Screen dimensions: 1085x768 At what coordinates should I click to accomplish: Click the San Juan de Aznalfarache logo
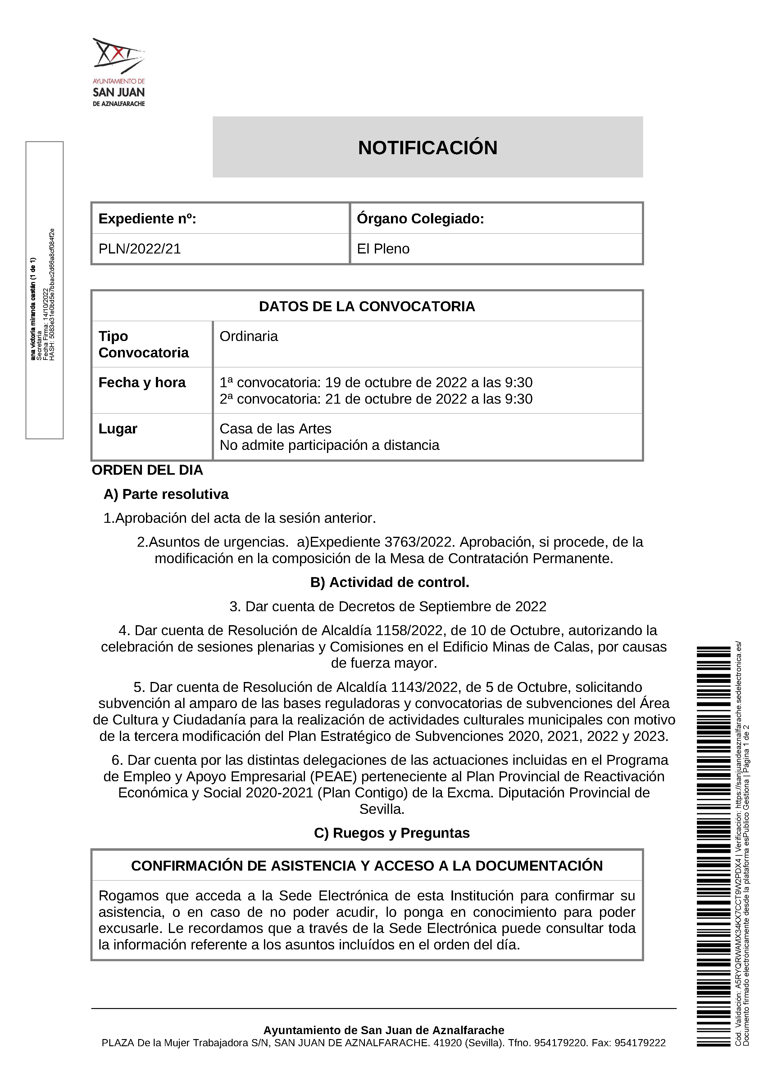[x=119, y=72]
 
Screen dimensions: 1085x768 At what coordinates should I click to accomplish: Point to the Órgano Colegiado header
[x=420, y=218]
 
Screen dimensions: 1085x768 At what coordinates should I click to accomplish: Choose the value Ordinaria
[x=249, y=336]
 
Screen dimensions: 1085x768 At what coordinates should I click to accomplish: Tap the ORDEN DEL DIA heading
[x=147, y=470]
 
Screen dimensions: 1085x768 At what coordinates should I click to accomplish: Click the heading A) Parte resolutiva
[x=166, y=494]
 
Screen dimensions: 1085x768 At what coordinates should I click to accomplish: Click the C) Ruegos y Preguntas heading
[x=392, y=833]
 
